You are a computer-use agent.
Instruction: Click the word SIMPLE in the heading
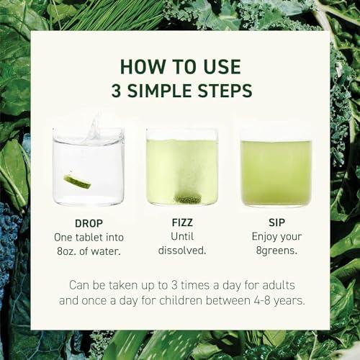click(163, 91)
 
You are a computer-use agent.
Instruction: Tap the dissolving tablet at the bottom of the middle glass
click(188, 199)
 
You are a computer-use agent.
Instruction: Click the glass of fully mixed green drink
click(276, 171)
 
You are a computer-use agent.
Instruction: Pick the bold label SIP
click(276, 223)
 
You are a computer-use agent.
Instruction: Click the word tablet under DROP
click(96, 236)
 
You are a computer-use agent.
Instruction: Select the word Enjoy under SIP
click(265, 236)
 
